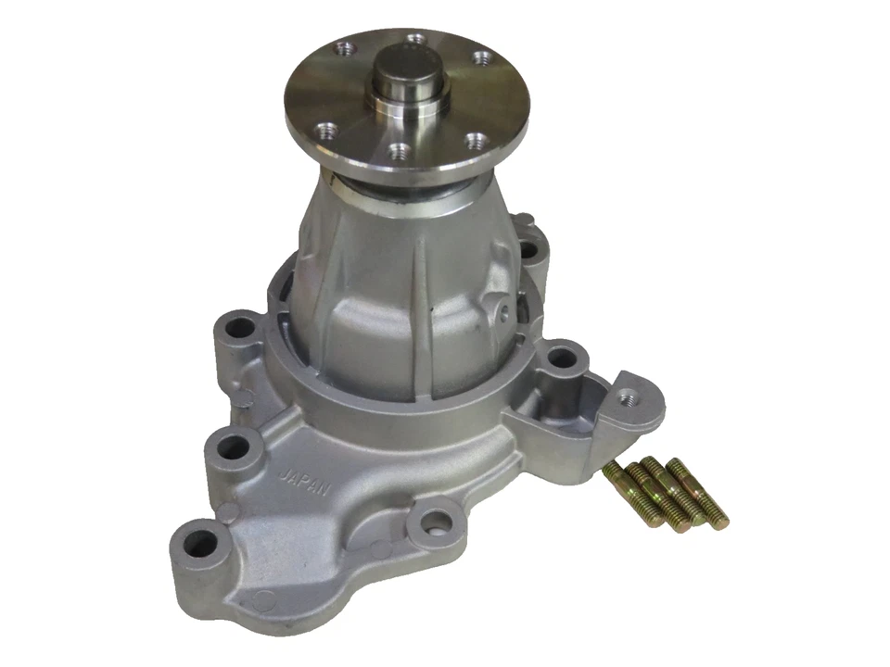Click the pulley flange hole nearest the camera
click(398, 148)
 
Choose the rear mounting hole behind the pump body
click(529, 249)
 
